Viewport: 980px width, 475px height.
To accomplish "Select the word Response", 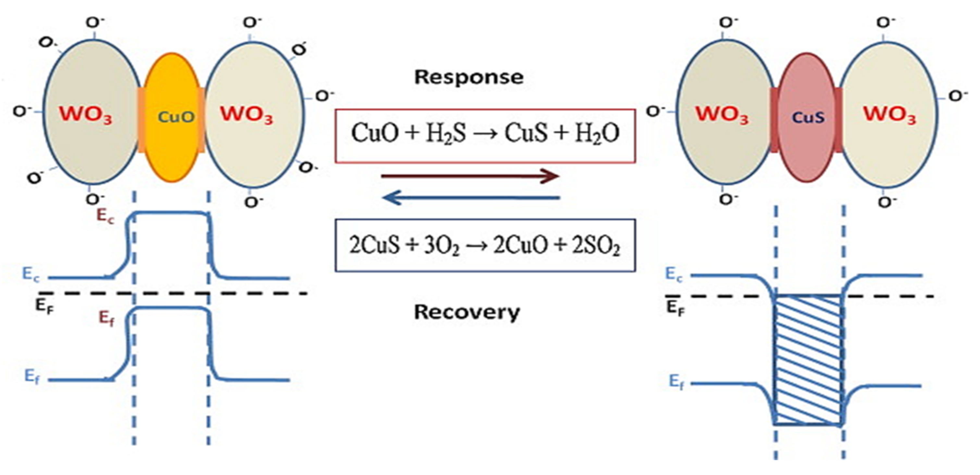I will (469, 77).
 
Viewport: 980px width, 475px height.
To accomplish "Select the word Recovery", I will (467, 312).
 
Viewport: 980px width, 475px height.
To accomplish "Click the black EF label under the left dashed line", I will (44, 306).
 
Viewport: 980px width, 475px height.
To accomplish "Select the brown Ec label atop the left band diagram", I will (105, 216).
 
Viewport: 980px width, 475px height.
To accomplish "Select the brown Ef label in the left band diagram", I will (106, 318).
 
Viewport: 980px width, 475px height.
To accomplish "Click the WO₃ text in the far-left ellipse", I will (86, 114).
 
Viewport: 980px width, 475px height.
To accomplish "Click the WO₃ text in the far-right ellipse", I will (889, 114).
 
